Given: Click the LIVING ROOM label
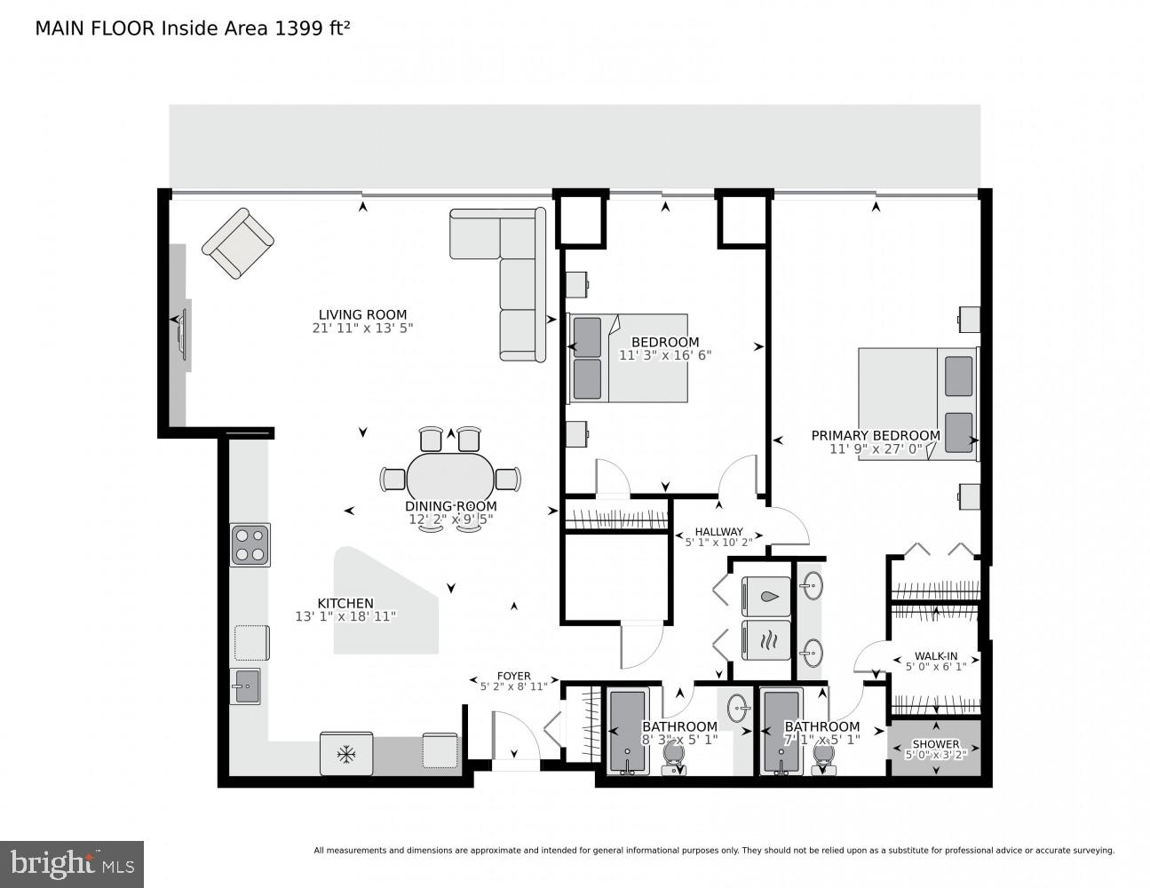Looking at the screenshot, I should coord(362,314).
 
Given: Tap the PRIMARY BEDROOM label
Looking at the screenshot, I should coord(875,435).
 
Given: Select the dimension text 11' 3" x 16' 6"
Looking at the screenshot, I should coord(665,355).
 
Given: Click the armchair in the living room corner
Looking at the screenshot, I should coord(238,242).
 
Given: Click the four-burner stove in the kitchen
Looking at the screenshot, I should coord(250,545).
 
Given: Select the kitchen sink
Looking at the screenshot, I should coord(245,686).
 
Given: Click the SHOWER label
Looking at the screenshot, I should coord(936,744).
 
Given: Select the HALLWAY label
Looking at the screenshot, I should coord(718,531).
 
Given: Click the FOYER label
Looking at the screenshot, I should coord(513,676).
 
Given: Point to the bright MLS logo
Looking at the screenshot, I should coord(71,862).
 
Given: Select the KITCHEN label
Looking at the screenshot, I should coord(345,603).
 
